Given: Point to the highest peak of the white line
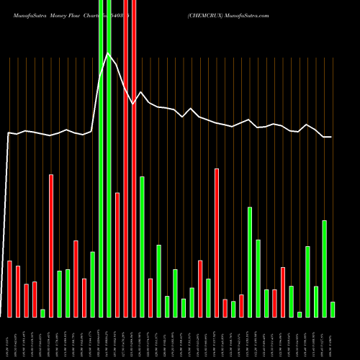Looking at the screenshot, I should (108, 53).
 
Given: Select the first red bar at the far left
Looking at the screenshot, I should (10, 289).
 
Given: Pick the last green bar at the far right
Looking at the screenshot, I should (333, 310).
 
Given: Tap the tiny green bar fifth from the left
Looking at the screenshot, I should (42, 313).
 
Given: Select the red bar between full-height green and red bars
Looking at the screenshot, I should (117, 255).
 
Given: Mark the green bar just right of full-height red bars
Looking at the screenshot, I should (142, 247).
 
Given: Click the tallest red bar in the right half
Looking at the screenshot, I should (217, 243).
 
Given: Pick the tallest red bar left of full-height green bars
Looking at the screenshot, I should (51, 246).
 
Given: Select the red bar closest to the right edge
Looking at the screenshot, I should (283, 292).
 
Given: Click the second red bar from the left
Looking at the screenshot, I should (18, 291).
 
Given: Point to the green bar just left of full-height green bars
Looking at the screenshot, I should (92, 284).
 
